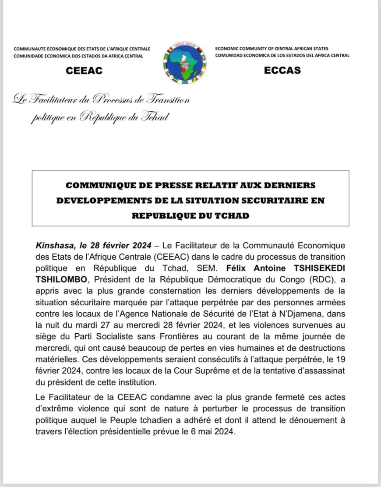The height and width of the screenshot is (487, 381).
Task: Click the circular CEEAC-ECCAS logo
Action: point(184,64)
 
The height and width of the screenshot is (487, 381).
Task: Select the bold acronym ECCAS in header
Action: point(282,71)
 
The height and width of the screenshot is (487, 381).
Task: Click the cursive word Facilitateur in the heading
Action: point(57,100)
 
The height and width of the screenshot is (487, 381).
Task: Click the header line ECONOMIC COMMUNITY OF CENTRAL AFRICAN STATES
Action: point(272,49)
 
